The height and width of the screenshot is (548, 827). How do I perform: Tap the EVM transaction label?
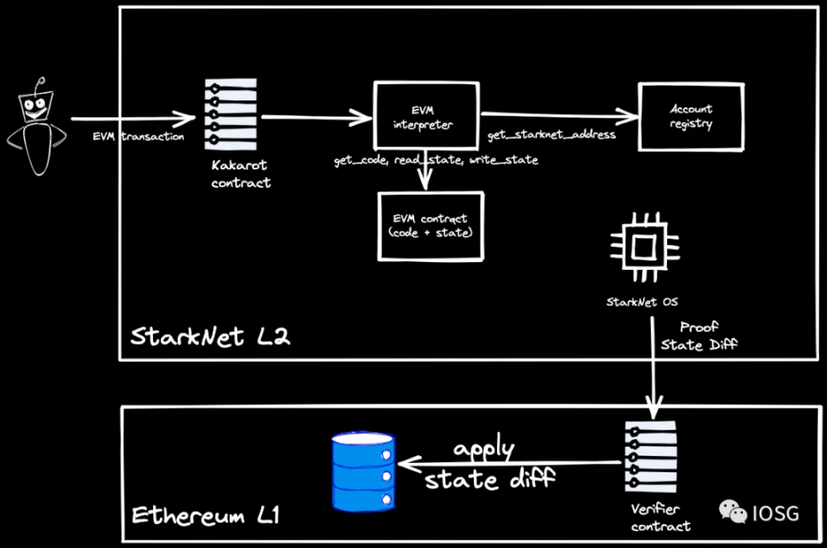(139, 137)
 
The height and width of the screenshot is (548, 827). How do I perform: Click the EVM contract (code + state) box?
(431, 225)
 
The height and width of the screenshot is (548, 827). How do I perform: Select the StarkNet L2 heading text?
(210, 336)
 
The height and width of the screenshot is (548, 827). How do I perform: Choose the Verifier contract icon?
(651, 460)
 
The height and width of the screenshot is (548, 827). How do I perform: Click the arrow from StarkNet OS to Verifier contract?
(653, 366)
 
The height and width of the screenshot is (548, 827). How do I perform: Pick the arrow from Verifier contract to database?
(510, 464)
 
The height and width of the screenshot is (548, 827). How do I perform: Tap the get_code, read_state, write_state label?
(435, 160)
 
